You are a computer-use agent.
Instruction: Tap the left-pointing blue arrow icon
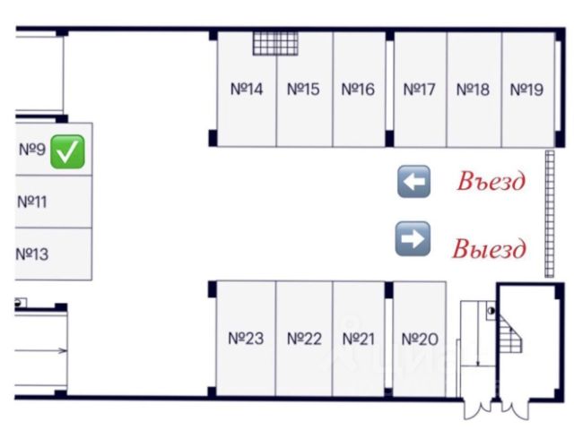coord(413,181)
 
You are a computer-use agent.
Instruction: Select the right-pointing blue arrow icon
coord(413,239)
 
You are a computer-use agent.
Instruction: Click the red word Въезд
coord(490,182)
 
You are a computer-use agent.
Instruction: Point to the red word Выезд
coord(489,248)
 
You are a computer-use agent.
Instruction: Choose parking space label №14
coord(247,90)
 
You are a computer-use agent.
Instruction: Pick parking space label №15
coord(303,90)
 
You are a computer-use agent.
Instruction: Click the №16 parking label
coord(358,90)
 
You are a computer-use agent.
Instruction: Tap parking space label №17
coord(419,90)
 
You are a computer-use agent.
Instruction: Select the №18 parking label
coord(473,90)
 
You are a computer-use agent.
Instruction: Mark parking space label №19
coord(526,90)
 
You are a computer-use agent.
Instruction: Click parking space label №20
coord(419,339)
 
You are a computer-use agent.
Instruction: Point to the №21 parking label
coord(358,339)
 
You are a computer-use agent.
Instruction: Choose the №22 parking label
coord(303,339)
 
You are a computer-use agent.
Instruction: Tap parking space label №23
coord(245,339)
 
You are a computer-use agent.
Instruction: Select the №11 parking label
coord(31,201)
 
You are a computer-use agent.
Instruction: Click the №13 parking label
coord(31,254)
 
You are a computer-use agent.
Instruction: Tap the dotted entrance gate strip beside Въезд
coord(547,215)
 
